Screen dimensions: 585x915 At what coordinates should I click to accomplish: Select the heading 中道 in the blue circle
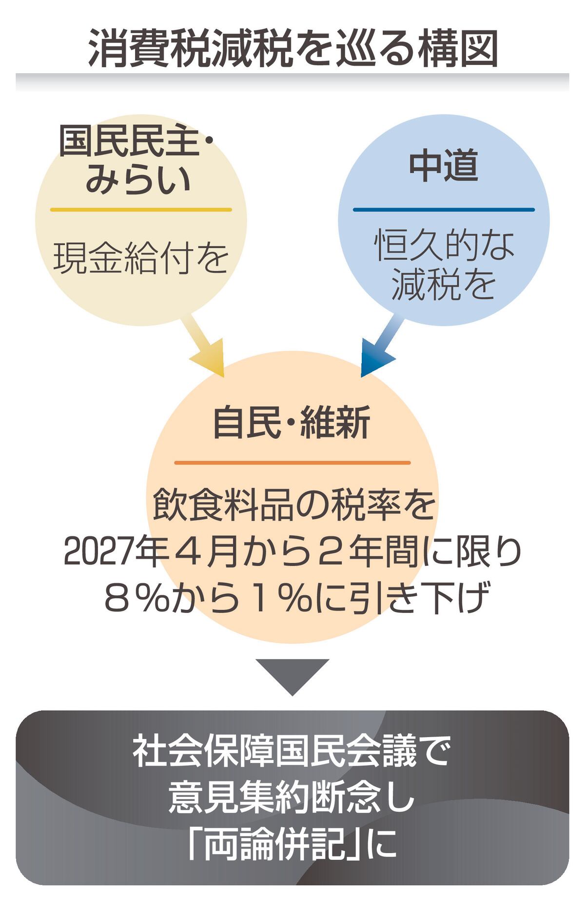point(444,166)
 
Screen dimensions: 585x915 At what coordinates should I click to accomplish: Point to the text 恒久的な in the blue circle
point(444,245)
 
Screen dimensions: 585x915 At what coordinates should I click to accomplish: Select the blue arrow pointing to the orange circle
point(382,346)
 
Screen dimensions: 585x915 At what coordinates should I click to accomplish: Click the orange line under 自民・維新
point(292,463)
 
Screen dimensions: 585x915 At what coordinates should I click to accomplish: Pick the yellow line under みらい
point(141,210)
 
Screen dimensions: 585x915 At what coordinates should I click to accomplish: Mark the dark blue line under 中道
point(444,210)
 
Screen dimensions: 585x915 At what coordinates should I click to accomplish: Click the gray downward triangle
point(292,674)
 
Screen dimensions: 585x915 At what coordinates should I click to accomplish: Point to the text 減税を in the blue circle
point(444,285)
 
